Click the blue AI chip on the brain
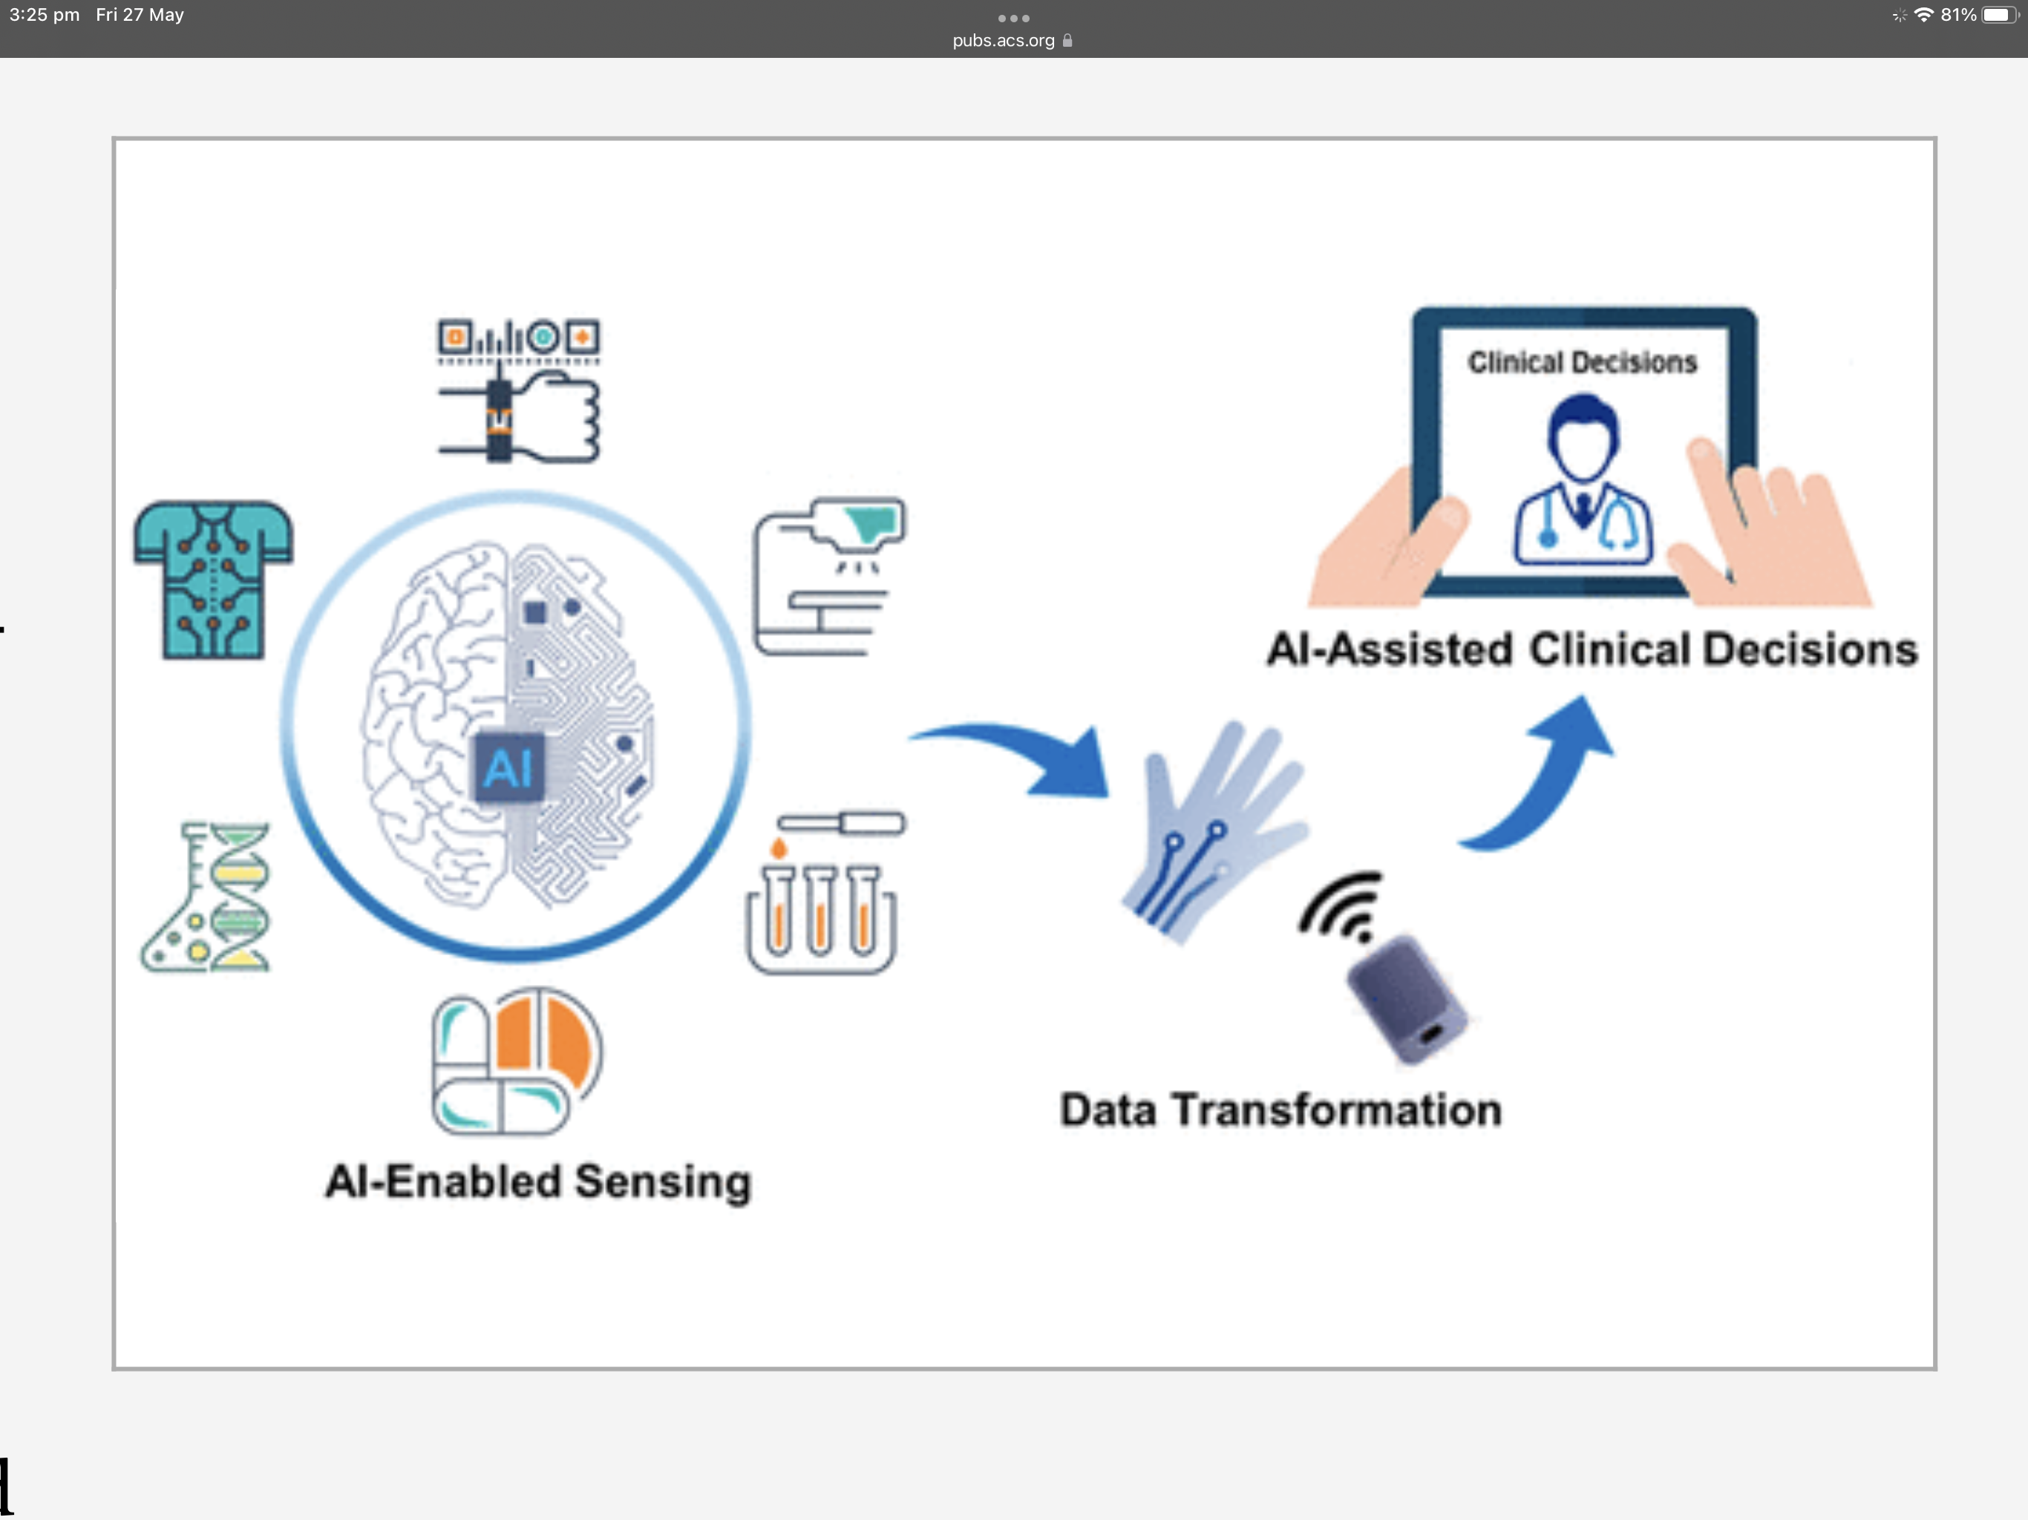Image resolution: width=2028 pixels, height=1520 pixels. coord(508,768)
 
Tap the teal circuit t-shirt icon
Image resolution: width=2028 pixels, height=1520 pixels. coord(213,580)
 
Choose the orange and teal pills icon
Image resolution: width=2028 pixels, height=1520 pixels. coord(516,1061)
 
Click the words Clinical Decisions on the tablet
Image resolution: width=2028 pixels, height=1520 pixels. coord(1583,363)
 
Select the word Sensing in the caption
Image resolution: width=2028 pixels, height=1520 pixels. coord(662,1182)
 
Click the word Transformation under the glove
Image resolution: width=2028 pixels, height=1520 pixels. coord(1338,1110)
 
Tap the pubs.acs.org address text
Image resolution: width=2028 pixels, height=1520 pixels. coord(1003,40)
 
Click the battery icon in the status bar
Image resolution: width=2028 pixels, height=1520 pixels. coord(1998,15)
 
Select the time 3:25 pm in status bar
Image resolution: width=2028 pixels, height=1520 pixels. coord(44,15)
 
